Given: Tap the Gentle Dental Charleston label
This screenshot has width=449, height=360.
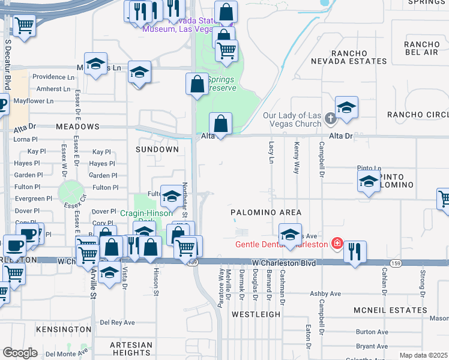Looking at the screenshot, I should (x=282, y=244).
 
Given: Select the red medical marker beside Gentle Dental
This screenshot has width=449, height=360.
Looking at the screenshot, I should (x=337, y=244).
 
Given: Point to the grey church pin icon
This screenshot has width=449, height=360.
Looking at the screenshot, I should (x=330, y=118).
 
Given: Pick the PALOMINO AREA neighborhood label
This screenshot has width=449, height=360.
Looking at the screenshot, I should (x=267, y=213).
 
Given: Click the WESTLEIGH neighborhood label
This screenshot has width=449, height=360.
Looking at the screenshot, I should (x=256, y=314).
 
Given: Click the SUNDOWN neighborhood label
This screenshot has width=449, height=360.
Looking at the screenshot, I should (x=157, y=149).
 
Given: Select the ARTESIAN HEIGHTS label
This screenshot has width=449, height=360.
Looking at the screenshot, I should (x=131, y=349).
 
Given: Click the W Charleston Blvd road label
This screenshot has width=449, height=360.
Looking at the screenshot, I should (x=283, y=263).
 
